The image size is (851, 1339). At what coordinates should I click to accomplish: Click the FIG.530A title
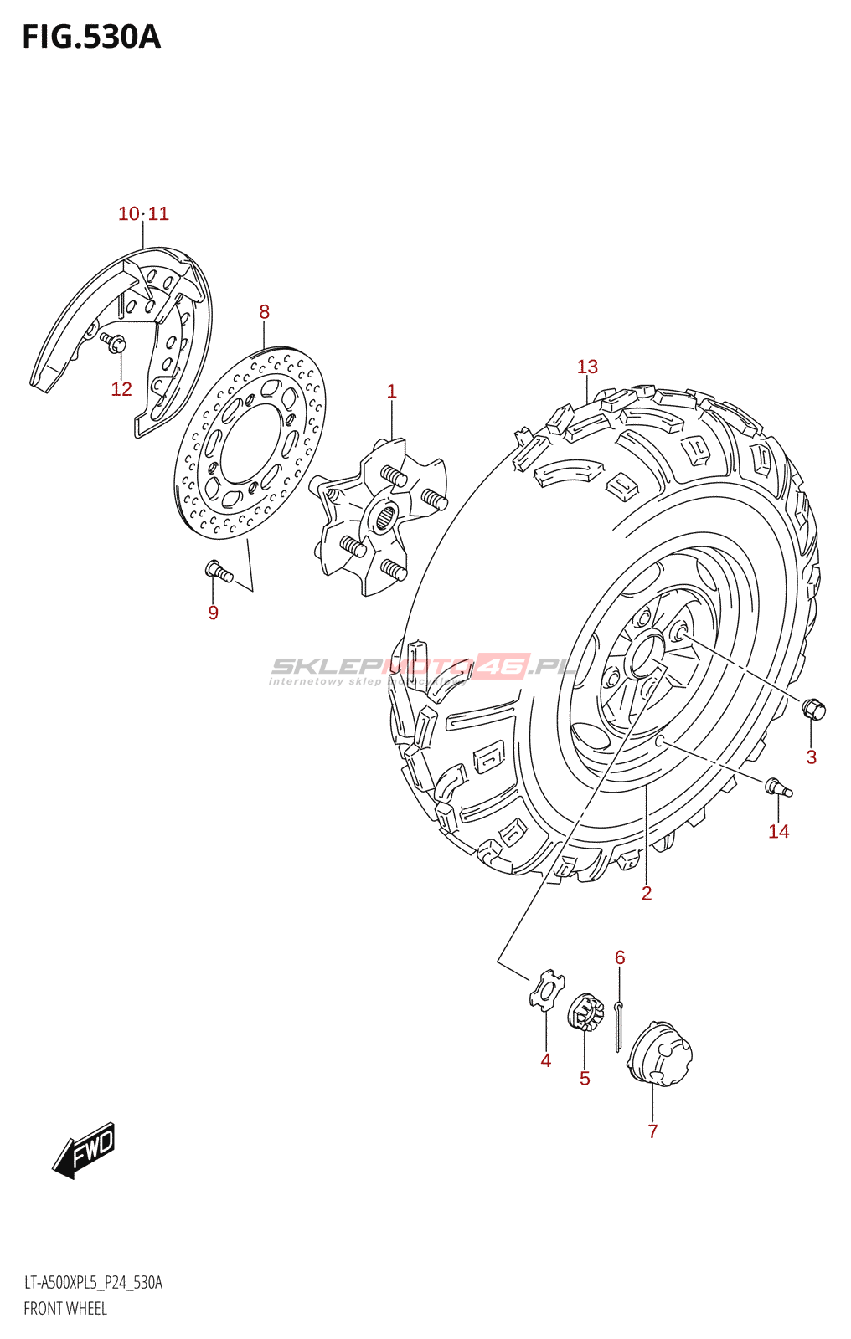pyautogui.click(x=90, y=37)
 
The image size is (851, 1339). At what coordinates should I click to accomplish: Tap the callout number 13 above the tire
pyautogui.click(x=587, y=367)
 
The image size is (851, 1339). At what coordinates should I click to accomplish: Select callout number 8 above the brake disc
pyautogui.click(x=264, y=312)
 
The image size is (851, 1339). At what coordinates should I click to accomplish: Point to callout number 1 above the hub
pyautogui.click(x=391, y=391)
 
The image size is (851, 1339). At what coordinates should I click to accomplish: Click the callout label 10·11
pyautogui.click(x=143, y=214)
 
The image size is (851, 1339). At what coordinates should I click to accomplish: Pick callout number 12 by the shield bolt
pyautogui.click(x=121, y=389)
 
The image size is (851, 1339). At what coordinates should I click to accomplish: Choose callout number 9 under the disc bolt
pyautogui.click(x=213, y=613)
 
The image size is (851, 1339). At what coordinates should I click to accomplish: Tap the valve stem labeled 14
pyautogui.click(x=777, y=787)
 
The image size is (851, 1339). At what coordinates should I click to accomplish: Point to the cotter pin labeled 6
pyautogui.click(x=617, y=1025)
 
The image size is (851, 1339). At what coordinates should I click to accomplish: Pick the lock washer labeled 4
pyautogui.click(x=546, y=989)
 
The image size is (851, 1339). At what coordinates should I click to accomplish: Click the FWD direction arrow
pyautogui.click(x=84, y=1151)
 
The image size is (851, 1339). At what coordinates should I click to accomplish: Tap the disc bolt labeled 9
pyautogui.click(x=219, y=572)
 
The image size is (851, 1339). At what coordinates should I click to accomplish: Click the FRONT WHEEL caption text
pyautogui.click(x=65, y=1309)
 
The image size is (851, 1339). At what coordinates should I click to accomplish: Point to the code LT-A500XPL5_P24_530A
pyautogui.click(x=93, y=1283)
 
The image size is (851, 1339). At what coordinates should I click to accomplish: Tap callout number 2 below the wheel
pyautogui.click(x=647, y=894)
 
